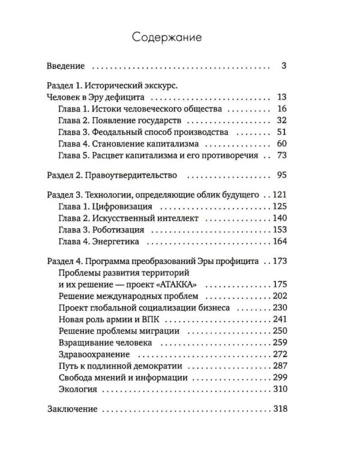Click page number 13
(283, 97)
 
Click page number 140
(281, 218)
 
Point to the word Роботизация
(120, 230)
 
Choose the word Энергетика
(118, 241)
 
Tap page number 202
(281, 296)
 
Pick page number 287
(281, 366)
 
